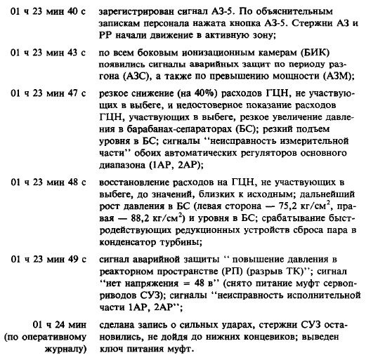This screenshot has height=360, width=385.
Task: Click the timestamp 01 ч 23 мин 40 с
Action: click(45, 12)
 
